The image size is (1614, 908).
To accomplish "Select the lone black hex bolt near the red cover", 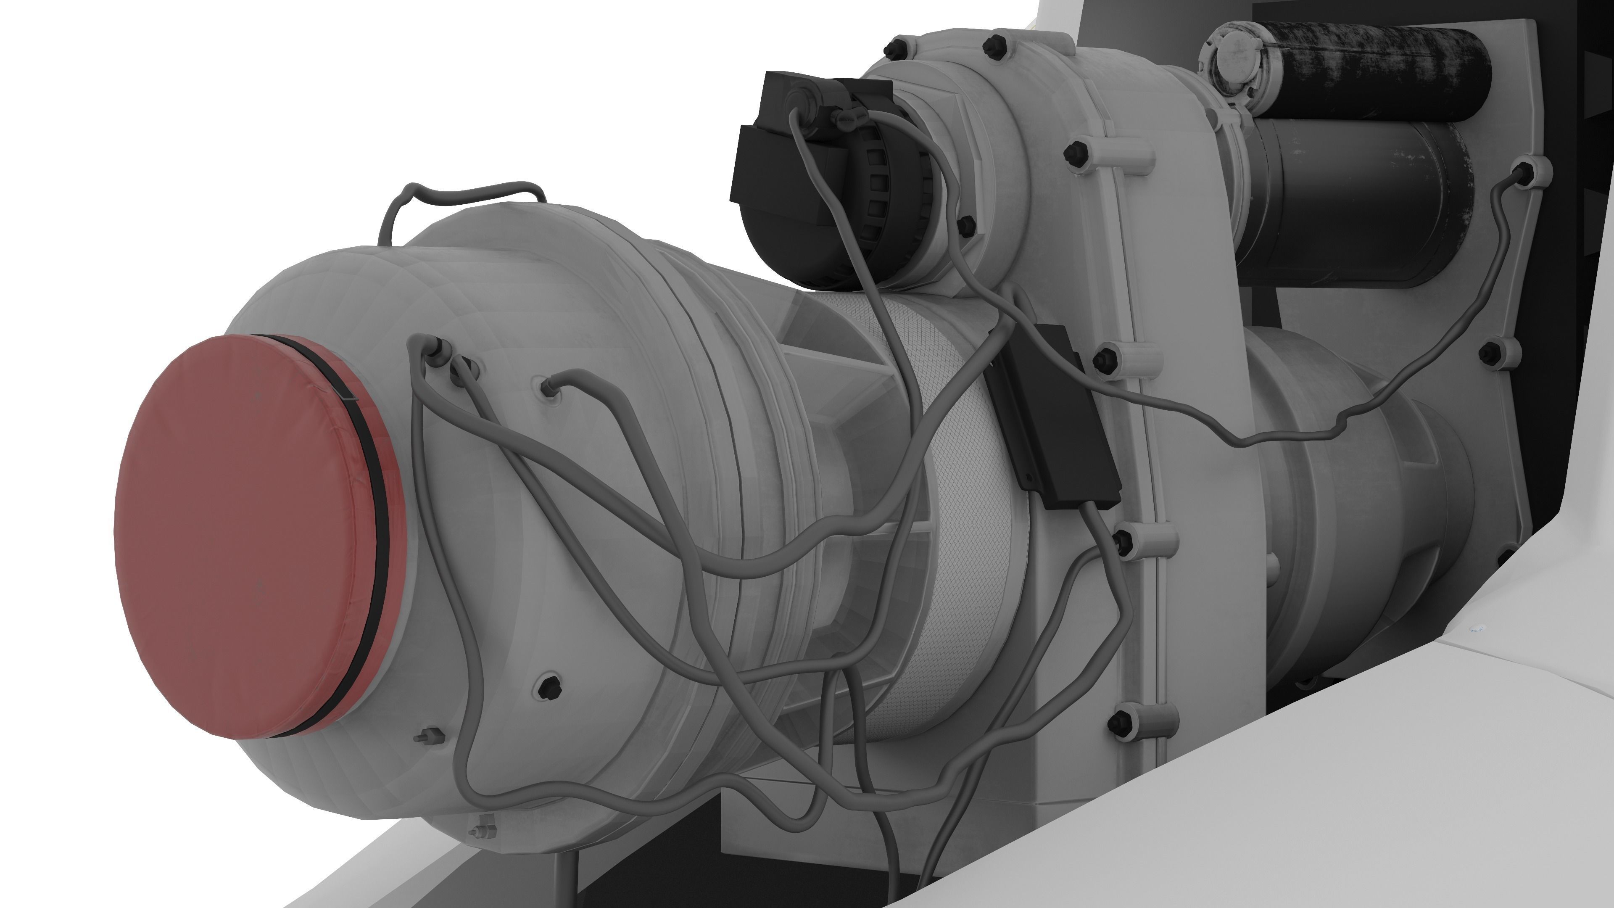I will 549,687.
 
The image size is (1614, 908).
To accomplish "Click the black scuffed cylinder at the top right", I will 1379,69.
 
